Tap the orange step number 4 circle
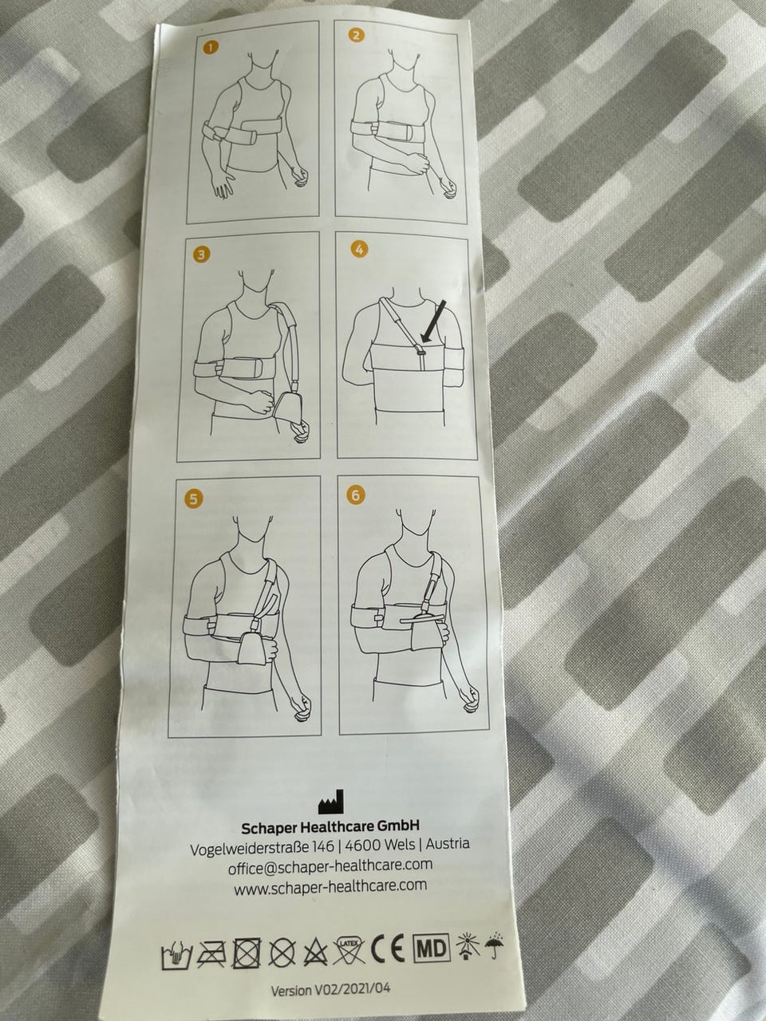point(360,250)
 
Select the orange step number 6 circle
point(356,495)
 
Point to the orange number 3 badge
point(202,255)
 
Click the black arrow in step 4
point(432,322)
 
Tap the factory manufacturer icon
point(331,802)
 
